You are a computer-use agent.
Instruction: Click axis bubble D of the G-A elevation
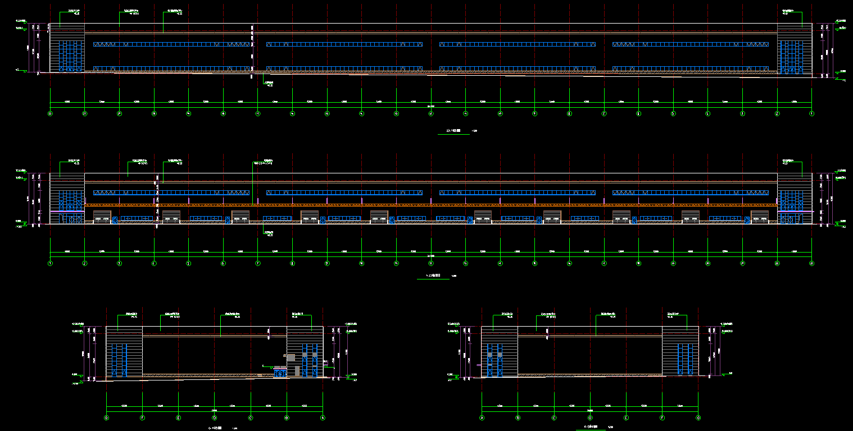click(x=214, y=418)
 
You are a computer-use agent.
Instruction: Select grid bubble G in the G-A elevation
click(x=107, y=418)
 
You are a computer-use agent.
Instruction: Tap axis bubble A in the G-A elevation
click(x=323, y=418)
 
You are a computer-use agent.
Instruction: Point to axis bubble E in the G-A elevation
click(x=178, y=418)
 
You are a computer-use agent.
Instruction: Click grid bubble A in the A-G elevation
click(x=482, y=418)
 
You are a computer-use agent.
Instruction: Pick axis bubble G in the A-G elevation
click(x=698, y=418)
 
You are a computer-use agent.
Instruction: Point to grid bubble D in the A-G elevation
click(x=590, y=418)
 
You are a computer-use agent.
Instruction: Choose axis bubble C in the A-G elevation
click(x=554, y=418)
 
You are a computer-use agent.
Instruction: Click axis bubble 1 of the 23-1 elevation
click(x=811, y=113)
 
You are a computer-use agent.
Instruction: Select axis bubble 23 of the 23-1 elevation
click(x=50, y=113)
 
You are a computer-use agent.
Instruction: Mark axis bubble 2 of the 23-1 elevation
click(x=777, y=113)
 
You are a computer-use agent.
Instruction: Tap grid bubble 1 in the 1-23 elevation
click(x=50, y=263)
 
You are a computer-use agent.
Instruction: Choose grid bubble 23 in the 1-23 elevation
click(x=811, y=263)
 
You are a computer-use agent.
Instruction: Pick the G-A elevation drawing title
click(x=216, y=428)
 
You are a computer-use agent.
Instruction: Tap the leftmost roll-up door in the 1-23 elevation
click(x=102, y=217)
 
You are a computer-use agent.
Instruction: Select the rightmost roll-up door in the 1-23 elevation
click(x=760, y=217)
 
